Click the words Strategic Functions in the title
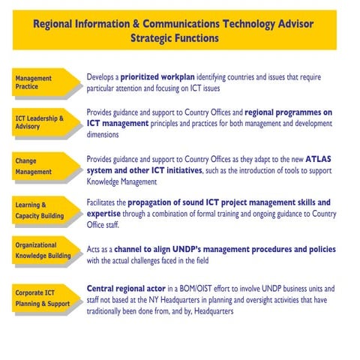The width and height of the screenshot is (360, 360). pyautogui.click(x=175, y=37)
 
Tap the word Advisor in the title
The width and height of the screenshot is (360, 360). pyautogui.click(x=287, y=23)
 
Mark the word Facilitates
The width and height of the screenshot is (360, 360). pyautogui.click(x=105, y=202)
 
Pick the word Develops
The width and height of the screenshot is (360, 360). pyautogui.click(x=103, y=77)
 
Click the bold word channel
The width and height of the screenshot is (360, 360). pyautogui.click(x=151, y=250)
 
